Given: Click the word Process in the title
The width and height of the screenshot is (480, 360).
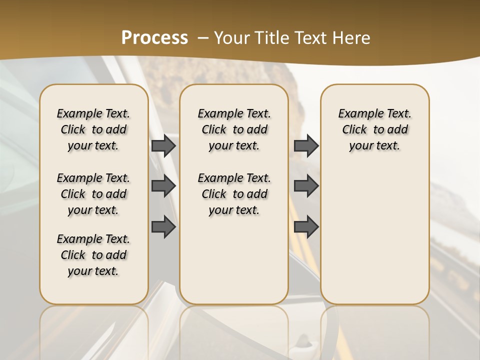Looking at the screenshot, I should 154,38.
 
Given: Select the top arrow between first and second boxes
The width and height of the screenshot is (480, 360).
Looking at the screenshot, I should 163,146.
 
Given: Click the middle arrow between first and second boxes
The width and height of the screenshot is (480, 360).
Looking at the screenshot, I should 163,186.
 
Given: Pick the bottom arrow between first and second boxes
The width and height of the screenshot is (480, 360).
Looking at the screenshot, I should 163,227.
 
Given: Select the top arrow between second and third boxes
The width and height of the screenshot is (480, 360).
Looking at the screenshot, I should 306,146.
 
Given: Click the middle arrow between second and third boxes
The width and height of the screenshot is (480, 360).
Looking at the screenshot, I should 306,186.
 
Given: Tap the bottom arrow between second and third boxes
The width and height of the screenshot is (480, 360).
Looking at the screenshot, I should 306,227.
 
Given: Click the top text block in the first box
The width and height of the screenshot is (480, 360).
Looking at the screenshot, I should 93,129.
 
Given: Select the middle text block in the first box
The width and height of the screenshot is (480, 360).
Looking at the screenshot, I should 93,194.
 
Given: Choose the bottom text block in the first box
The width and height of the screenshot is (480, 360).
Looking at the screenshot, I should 93,255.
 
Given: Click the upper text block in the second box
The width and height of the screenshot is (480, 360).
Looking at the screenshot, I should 234,129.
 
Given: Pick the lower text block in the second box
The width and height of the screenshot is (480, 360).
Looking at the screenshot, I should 234,194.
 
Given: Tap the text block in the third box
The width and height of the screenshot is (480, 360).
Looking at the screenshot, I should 374,129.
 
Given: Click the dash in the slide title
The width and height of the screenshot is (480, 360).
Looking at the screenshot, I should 203,38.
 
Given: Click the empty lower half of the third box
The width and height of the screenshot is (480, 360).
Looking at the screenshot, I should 374,240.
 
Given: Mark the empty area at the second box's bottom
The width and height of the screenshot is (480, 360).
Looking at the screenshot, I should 234,265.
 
